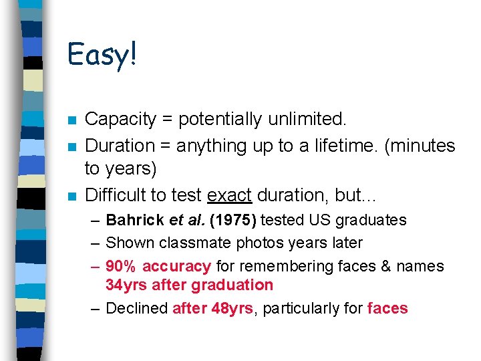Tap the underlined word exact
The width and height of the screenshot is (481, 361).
point(229,195)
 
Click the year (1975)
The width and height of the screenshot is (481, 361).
point(236,220)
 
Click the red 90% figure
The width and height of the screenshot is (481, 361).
point(121,266)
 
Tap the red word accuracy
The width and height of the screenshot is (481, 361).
point(176,266)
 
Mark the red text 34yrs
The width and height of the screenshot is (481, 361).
point(126,285)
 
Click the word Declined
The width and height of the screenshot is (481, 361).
point(136,308)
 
